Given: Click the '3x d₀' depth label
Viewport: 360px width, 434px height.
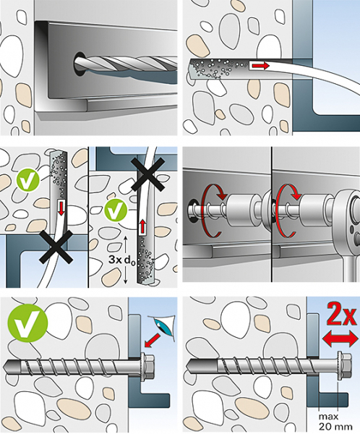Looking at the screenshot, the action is coord(121,260).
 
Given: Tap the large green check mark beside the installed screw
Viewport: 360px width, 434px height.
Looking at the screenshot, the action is coord(27,323).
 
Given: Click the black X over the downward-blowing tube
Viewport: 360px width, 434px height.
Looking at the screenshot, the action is coord(56,247).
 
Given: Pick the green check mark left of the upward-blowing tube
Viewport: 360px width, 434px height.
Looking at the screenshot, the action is coord(116,211).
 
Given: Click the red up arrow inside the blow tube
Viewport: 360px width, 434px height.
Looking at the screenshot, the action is coord(142,226).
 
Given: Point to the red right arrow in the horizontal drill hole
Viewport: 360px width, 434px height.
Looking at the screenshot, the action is coord(262,66).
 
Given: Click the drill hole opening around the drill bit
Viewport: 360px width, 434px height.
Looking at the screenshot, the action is coord(79,64).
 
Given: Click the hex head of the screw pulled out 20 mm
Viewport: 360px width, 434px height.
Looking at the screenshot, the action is coord(345,366).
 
